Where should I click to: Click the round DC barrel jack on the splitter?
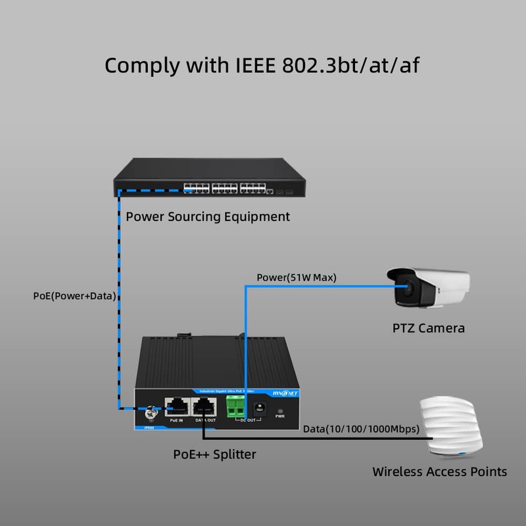click(x=259, y=408)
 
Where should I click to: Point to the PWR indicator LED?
click(x=280, y=409)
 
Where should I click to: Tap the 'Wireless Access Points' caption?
click(x=439, y=471)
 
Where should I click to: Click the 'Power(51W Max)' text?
click(x=296, y=277)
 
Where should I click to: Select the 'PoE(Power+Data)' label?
click(x=74, y=296)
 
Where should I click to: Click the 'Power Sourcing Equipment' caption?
click(x=208, y=216)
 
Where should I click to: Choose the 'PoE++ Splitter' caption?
click(x=214, y=454)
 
